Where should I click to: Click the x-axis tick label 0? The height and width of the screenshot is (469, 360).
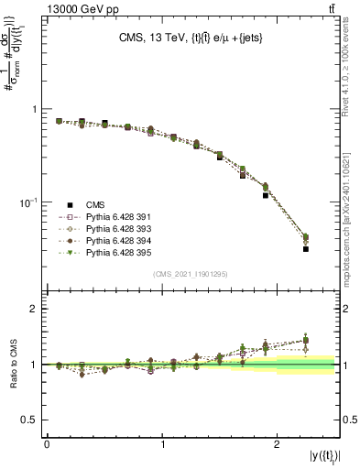pos(47,444)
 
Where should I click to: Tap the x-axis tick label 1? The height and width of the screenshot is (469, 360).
pos(163,444)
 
